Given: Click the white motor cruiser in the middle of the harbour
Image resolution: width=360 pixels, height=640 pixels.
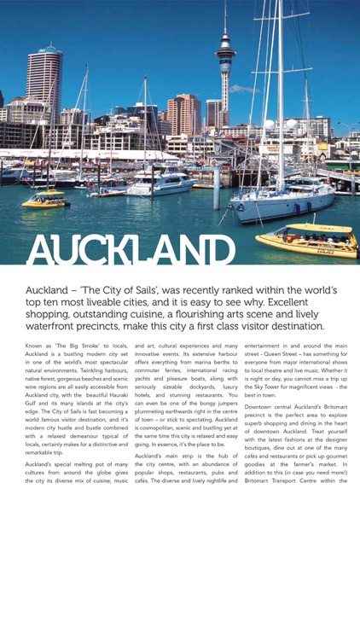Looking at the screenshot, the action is click(163, 184).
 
